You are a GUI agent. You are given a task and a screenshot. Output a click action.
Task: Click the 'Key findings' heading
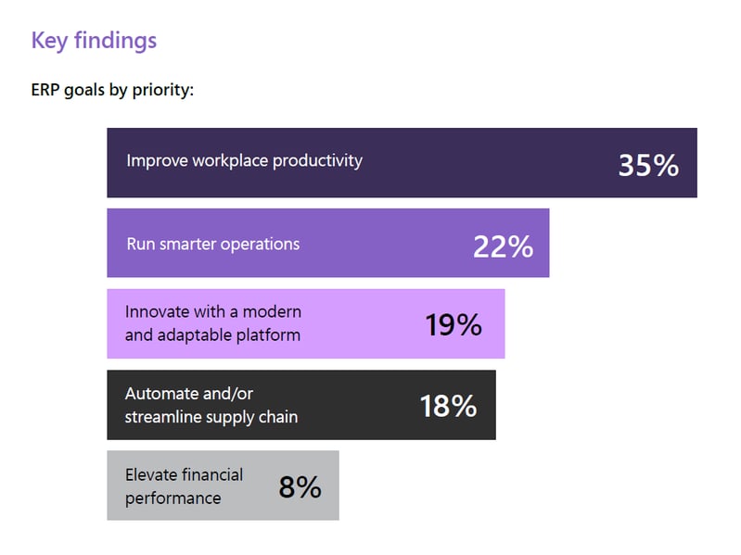[x=94, y=41]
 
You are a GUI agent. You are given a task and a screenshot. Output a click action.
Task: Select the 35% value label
[x=648, y=165]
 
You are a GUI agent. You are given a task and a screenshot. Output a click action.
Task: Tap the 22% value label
[x=503, y=246]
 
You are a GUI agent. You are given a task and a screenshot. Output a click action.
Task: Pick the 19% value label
[x=454, y=324]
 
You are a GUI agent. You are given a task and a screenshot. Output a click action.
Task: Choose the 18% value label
[x=448, y=406]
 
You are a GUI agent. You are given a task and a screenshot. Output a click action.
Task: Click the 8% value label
[x=300, y=486]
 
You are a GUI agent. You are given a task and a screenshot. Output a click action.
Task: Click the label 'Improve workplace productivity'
[x=244, y=160]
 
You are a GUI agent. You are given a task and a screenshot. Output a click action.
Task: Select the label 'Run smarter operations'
[x=212, y=245]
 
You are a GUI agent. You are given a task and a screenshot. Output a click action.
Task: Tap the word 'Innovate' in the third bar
[x=156, y=311]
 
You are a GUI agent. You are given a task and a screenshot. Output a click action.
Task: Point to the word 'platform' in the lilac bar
[x=269, y=335]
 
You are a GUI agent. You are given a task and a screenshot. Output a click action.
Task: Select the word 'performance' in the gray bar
[x=172, y=498]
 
